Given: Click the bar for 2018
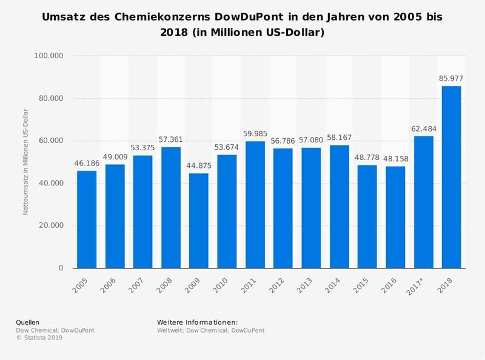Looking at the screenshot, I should point(452,177).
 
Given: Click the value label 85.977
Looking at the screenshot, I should point(452,78).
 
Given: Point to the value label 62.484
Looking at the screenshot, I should point(424,128).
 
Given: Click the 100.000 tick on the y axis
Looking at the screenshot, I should point(51,56).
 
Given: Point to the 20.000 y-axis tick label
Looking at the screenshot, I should point(53,226).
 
